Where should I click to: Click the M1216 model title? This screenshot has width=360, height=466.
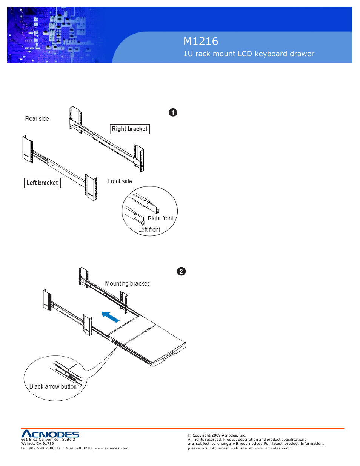point(200,41)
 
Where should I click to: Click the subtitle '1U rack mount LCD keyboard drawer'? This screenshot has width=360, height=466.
point(248,54)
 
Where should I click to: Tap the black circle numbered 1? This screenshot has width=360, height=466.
point(173,112)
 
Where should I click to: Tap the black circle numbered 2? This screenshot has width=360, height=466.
point(181,271)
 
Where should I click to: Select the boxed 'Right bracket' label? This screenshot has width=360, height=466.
point(130,129)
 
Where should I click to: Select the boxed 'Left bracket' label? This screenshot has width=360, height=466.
point(42,183)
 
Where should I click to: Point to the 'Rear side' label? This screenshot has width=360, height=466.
point(37,119)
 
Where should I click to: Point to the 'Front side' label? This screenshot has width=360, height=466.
point(120,181)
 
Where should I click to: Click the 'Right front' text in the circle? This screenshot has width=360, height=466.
point(160,218)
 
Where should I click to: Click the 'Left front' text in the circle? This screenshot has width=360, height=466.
point(149,230)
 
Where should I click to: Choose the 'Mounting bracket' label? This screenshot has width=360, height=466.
point(127,284)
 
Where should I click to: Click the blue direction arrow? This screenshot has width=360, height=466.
point(111,317)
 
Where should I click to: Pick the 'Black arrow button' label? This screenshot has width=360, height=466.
point(53,387)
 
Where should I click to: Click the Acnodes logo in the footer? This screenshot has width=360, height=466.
point(50,434)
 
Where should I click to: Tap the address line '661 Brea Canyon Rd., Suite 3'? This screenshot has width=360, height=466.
point(48,440)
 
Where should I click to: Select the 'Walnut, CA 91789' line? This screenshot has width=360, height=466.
point(37,444)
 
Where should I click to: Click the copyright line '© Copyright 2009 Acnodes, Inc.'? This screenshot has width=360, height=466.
point(217,435)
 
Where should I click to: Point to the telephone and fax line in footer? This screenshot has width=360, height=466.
point(74,448)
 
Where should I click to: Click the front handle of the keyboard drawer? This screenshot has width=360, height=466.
point(169,354)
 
